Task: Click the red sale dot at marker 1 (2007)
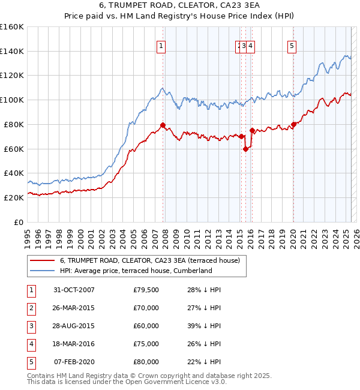(x=163, y=125)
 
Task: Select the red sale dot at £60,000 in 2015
(x=246, y=149)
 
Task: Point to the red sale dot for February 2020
(x=293, y=124)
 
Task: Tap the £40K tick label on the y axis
(x=14, y=173)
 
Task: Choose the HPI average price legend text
(x=136, y=271)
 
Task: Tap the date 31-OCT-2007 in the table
(x=74, y=290)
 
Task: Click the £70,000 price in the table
(x=146, y=308)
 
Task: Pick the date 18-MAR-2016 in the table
(x=74, y=344)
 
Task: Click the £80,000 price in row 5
(x=146, y=362)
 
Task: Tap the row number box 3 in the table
(x=30, y=326)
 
